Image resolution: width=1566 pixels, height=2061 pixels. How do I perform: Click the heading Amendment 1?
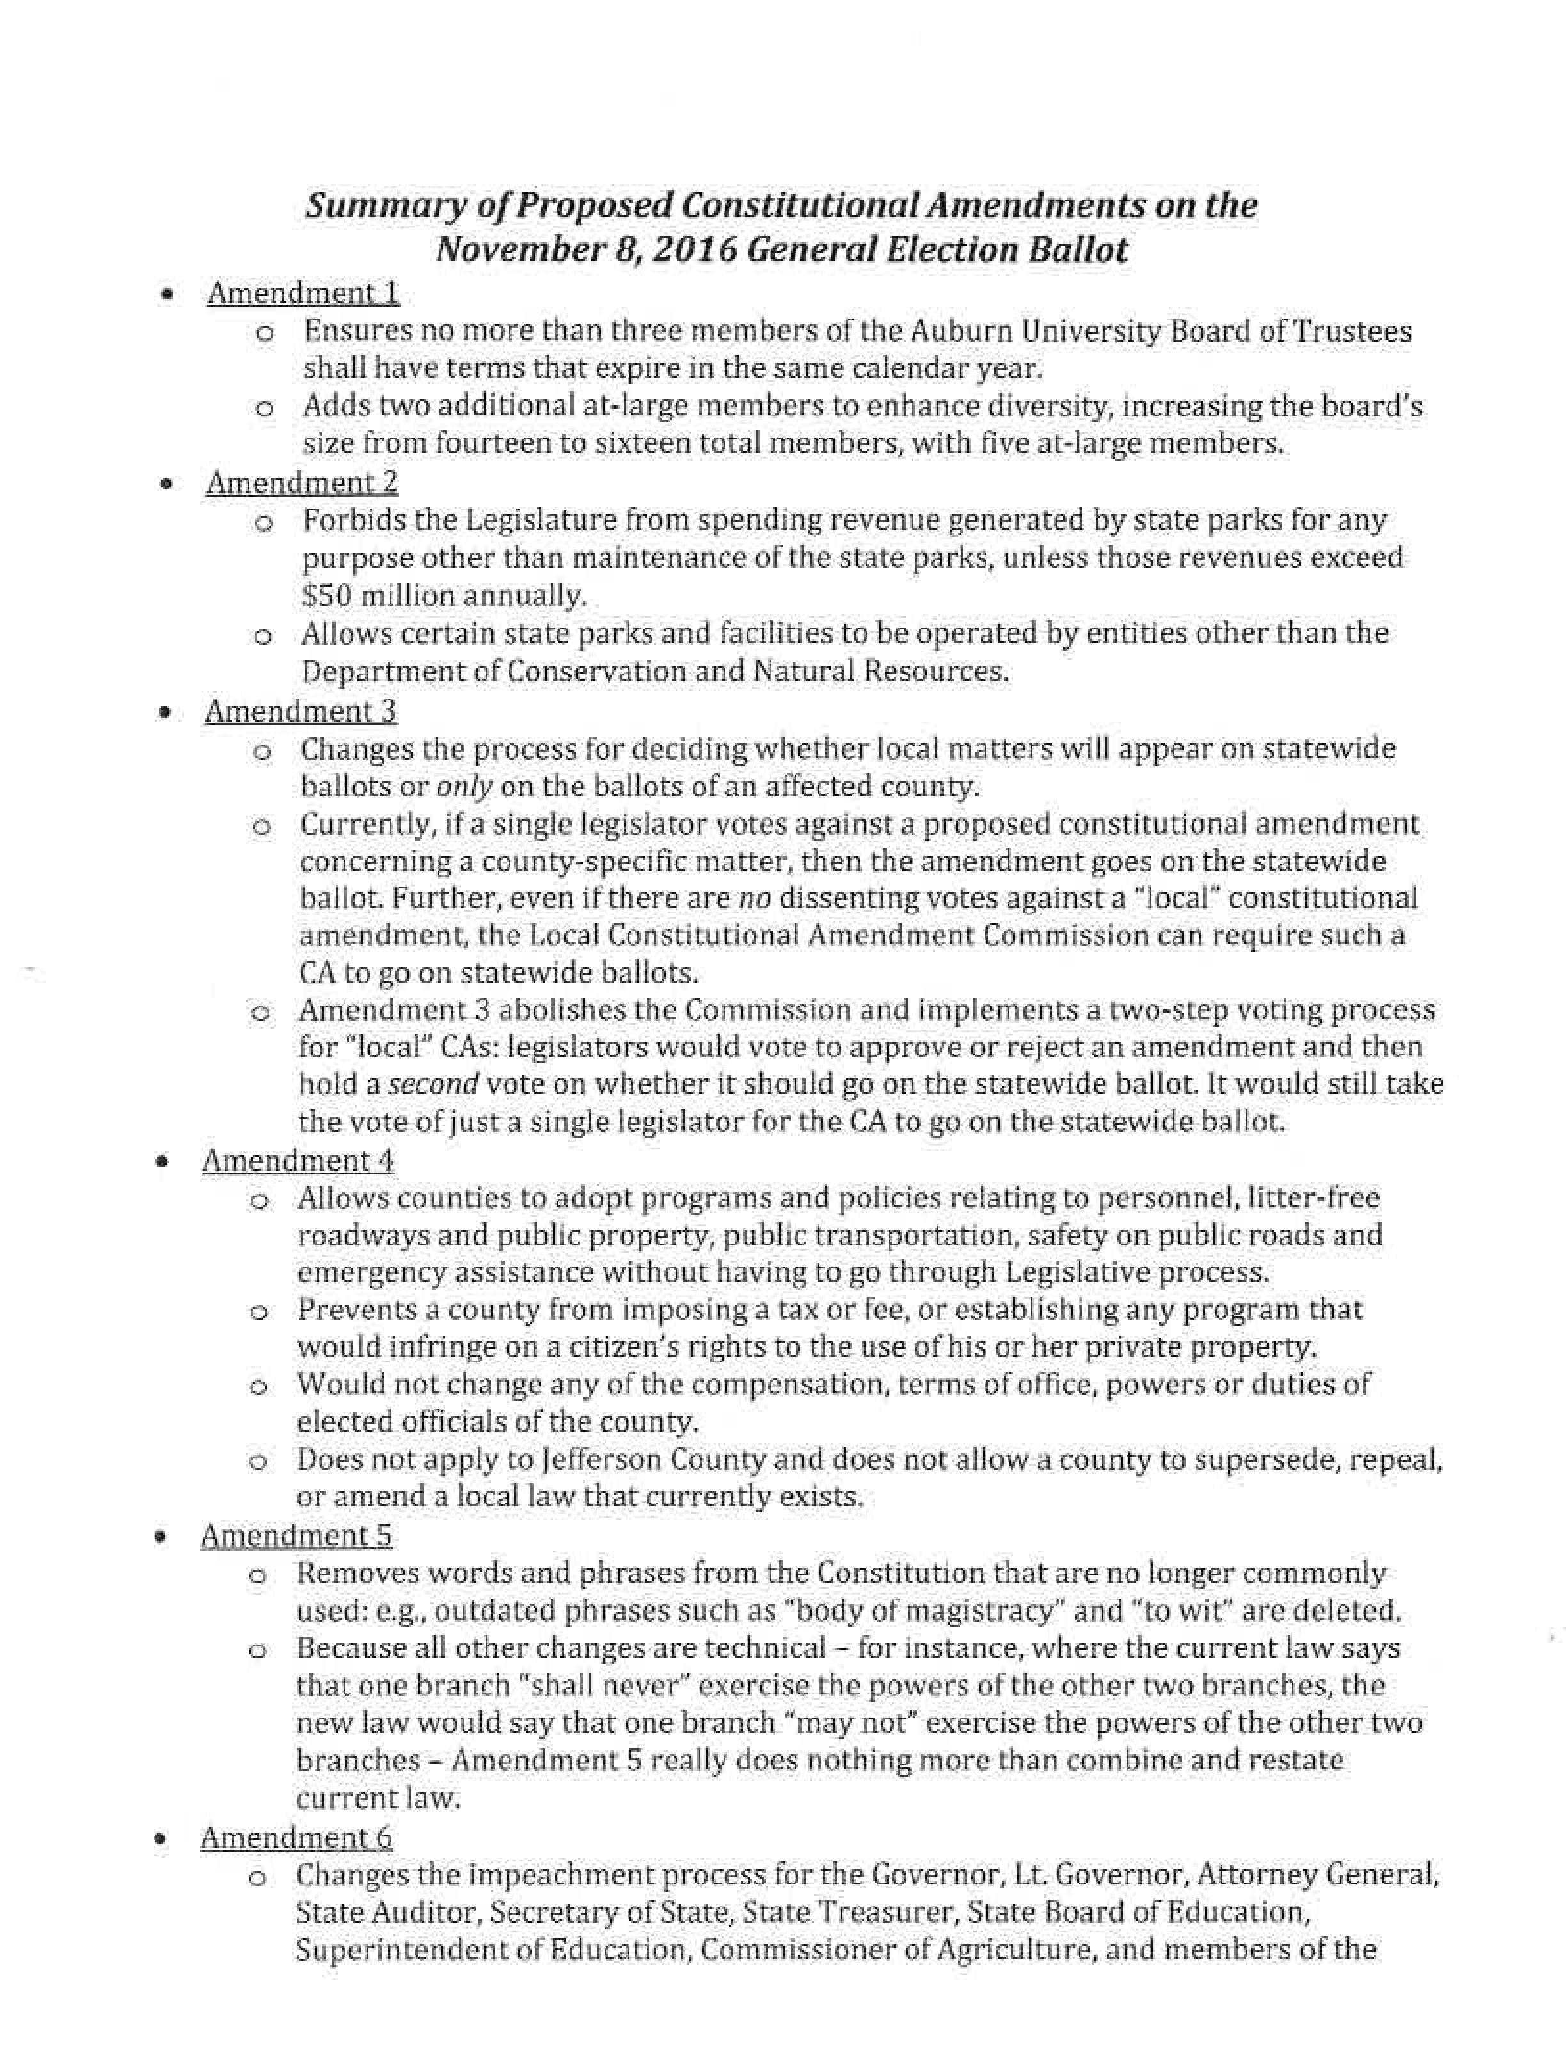(303, 294)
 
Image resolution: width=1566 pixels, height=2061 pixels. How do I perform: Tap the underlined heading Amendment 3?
(300, 711)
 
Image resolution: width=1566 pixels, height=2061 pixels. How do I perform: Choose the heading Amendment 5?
(296, 1535)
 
